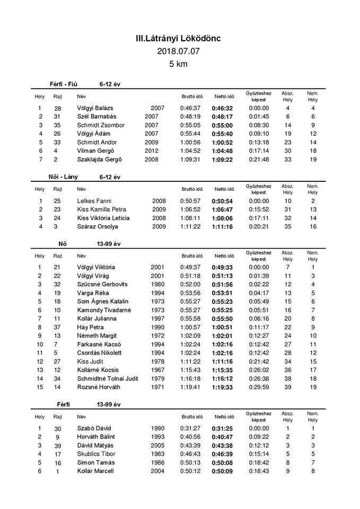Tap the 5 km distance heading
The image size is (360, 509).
coord(179,64)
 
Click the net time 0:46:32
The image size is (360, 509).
coord(223,108)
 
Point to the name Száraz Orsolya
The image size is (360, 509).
coord(98,226)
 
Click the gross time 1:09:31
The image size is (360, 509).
coord(191,160)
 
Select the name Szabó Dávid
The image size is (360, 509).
coord(94,428)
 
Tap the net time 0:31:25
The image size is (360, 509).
coord(223,428)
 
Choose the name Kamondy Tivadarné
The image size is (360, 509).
coord(103,310)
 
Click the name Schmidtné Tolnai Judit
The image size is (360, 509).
coord(108,378)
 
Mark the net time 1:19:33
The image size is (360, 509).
coord(223,387)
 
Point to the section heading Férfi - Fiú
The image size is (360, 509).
coord(66,84)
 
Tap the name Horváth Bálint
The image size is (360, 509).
coord(98,437)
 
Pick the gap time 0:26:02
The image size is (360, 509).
coord(258,370)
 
